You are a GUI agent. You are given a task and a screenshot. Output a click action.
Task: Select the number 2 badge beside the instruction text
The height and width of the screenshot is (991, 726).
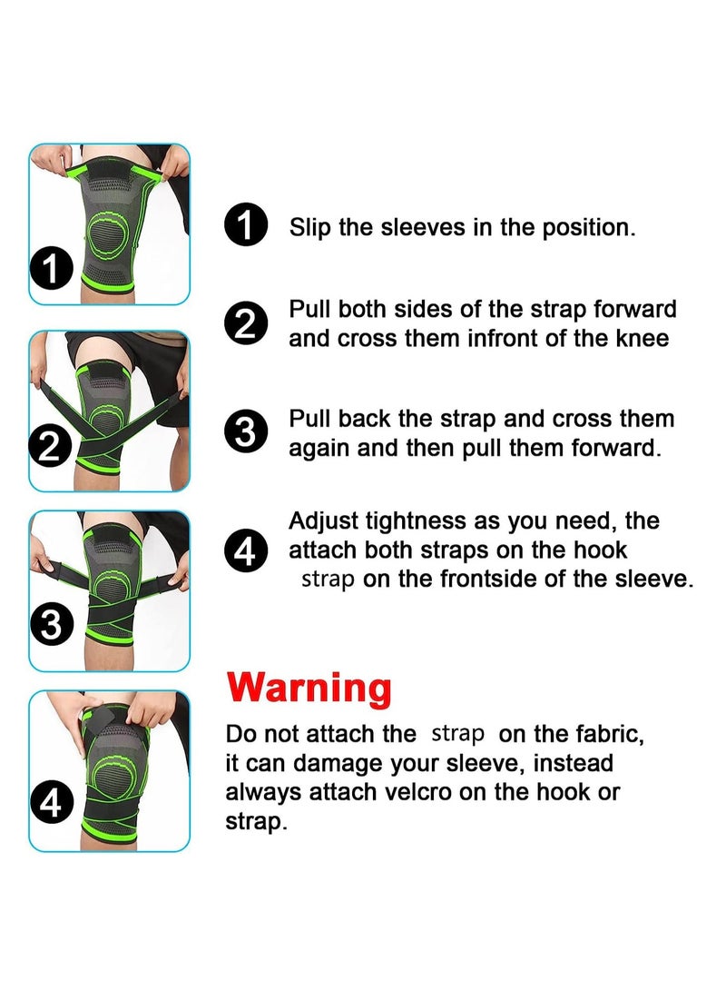coord(246,323)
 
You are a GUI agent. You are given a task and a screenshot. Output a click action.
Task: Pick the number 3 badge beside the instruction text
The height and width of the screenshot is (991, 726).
coord(246,432)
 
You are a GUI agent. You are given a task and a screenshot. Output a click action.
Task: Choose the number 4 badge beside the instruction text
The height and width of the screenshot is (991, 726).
coord(246,550)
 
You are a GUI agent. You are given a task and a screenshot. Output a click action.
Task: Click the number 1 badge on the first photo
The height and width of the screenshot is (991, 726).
coord(51,269)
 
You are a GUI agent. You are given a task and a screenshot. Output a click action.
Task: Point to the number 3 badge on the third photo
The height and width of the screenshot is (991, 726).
coord(52,624)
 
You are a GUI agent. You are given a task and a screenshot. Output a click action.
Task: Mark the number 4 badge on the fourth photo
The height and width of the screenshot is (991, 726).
coord(51,803)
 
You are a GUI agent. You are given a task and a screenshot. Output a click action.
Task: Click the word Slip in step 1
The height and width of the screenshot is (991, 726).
coord(309,227)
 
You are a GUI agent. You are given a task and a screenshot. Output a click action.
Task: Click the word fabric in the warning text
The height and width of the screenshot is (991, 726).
coord(610,735)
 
